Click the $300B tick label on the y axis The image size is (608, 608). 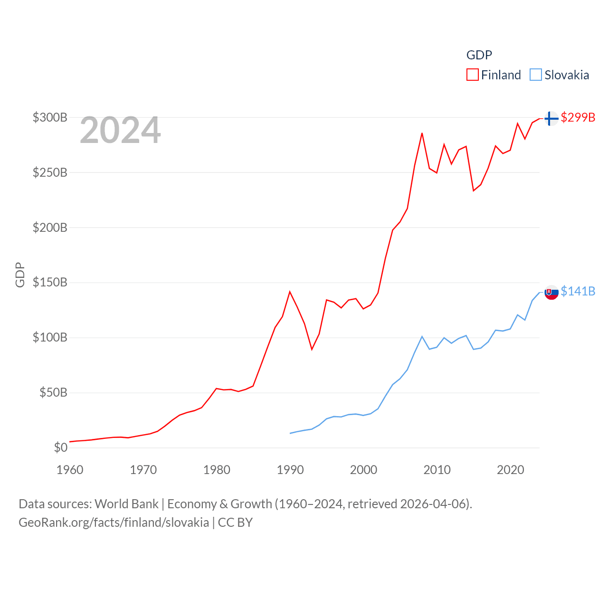(x=50, y=117)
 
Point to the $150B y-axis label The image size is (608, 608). (x=50, y=283)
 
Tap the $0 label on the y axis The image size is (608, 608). (x=61, y=447)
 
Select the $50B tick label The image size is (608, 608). (x=53, y=393)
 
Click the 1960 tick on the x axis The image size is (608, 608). (x=70, y=470)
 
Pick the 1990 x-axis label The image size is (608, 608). (x=290, y=470)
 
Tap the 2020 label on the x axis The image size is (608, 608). (x=510, y=470)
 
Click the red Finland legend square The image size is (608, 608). (x=472, y=75)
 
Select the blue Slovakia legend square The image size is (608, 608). (x=536, y=75)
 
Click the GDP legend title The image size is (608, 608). (x=479, y=55)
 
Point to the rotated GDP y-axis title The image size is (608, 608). (x=20, y=275)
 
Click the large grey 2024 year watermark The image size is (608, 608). (x=120, y=130)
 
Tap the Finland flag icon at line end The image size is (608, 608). (x=551, y=118)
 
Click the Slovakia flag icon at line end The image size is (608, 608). (x=551, y=292)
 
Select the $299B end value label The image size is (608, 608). (x=578, y=117)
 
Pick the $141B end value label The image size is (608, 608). (x=578, y=291)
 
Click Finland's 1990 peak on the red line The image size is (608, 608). (x=290, y=292)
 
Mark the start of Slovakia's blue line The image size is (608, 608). (x=290, y=433)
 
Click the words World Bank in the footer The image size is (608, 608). (x=127, y=504)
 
